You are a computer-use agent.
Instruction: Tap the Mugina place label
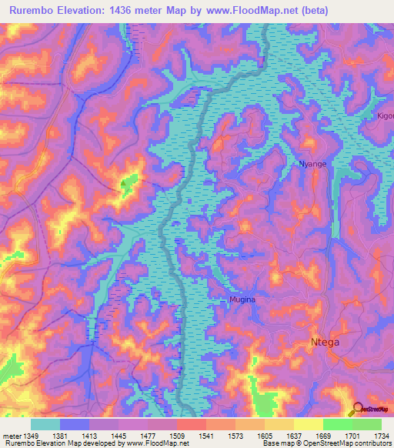tap(242, 299)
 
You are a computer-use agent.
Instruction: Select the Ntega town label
tap(325, 342)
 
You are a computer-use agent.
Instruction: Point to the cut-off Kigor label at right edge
tap(385, 115)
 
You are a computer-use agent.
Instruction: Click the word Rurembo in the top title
tap(38, 10)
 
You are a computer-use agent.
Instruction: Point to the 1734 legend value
tap(380, 436)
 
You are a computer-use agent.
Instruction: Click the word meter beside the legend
tap(12, 436)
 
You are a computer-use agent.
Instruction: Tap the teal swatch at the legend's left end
tap(45, 424)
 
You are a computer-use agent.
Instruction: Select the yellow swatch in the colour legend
tap(308, 424)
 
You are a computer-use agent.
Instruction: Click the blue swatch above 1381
tap(75, 424)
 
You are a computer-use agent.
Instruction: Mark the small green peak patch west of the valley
tap(129, 182)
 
